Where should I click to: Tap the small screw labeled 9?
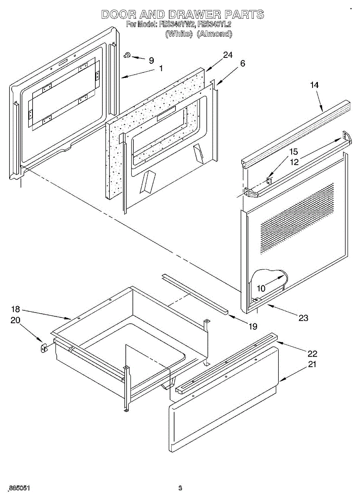[x=127, y=55]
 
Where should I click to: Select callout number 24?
[x=227, y=55]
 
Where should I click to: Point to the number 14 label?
[x=314, y=85]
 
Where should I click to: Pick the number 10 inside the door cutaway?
[x=261, y=288]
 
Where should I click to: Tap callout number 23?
[x=303, y=318]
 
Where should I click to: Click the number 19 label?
[x=253, y=326]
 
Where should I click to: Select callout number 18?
[x=15, y=310]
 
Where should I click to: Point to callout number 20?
[x=15, y=320]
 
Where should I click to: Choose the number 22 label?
[x=312, y=354]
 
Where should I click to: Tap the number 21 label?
[x=312, y=364]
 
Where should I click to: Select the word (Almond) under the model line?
[x=214, y=34]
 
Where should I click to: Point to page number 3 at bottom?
[x=180, y=488]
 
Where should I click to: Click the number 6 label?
[x=242, y=63]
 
